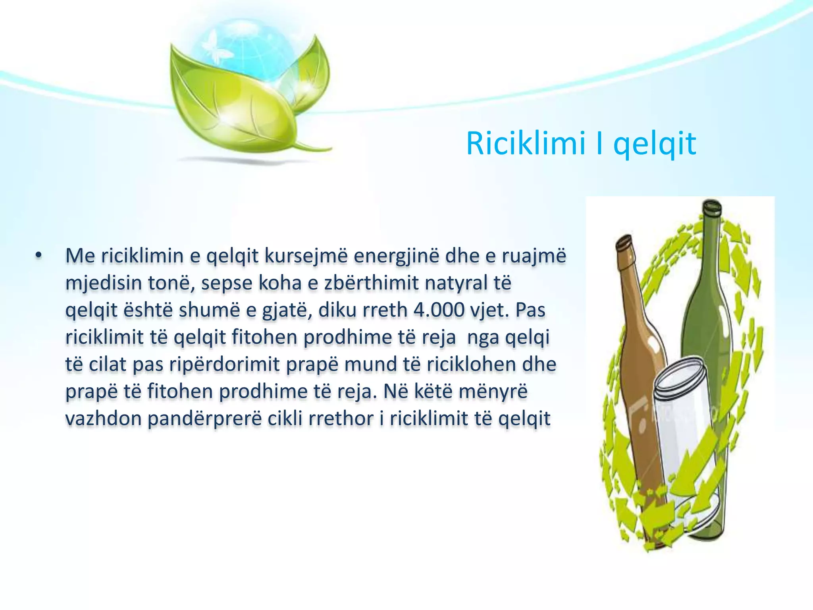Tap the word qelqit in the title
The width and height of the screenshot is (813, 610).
point(655,144)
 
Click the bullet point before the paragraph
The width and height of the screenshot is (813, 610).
point(38,256)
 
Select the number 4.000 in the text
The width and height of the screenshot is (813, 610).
point(439,310)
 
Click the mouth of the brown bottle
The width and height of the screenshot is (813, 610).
point(624,240)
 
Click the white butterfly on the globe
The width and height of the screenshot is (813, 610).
point(210,44)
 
